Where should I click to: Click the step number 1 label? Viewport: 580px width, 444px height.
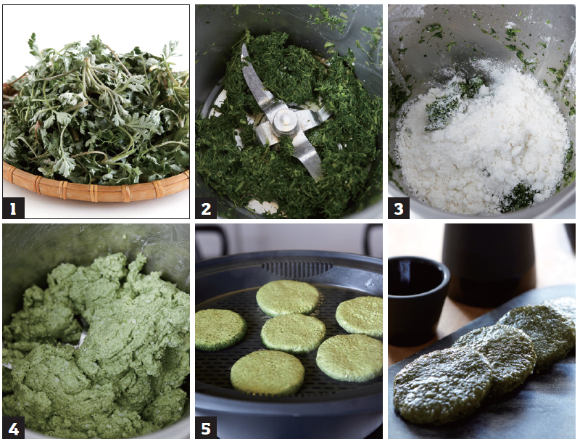pyautogui.click(x=13, y=208)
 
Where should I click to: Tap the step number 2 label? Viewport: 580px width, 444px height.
pyautogui.click(x=206, y=208)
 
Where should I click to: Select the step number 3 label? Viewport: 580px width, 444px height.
pyautogui.click(x=399, y=208)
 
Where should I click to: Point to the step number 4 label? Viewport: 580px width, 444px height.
pyautogui.click(x=13, y=428)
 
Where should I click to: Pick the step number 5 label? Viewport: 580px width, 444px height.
pyautogui.click(x=206, y=428)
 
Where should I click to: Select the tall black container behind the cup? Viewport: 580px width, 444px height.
pyautogui.click(x=488, y=263)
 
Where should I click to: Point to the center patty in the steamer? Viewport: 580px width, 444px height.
pyautogui.click(x=293, y=333)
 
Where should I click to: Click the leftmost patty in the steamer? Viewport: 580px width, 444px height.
pyautogui.click(x=220, y=330)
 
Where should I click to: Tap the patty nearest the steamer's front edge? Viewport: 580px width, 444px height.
pyautogui.click(x=267, y=373)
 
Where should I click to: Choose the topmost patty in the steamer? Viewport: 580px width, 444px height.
pyautogui.click(x=288, y=297)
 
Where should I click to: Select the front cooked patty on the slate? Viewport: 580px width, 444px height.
pyautogui.click(x=443, y=387)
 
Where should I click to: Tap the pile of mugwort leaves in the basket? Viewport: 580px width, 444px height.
pyautogui.click(x=96, y=111)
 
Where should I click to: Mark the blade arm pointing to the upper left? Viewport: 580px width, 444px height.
pyautogui.click(x=253, y=78)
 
